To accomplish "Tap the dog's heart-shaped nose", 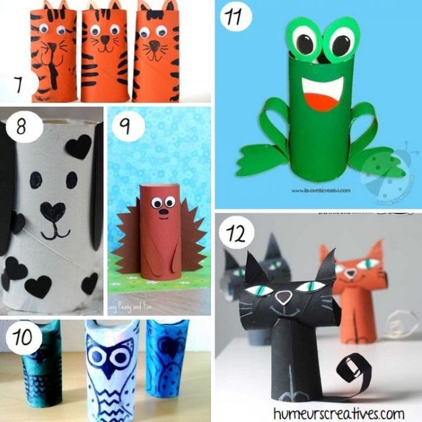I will click(x=53, y=210).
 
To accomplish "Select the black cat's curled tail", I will click(x=352, y=369).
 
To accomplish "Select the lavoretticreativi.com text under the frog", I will click(x=319, y=190).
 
